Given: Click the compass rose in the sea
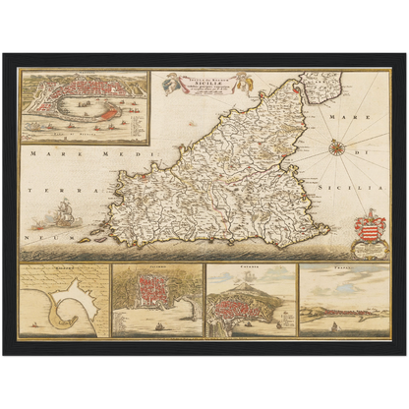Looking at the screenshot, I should (336, 147).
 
